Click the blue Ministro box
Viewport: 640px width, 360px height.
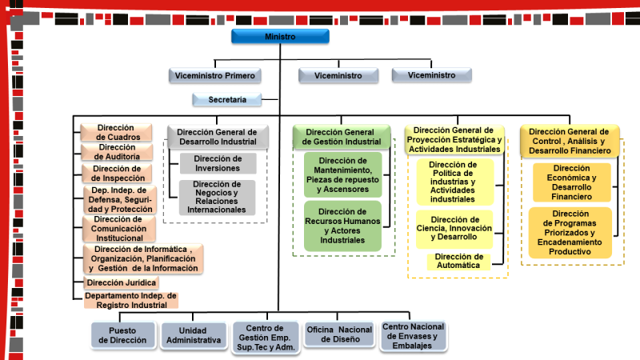(x=279, y=37)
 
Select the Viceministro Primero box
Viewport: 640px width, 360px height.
(x=215, y=76)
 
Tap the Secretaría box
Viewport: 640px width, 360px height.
(x=228, y=100)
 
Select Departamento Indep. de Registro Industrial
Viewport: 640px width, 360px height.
(x=130, y=300)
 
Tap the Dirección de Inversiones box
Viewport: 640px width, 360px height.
(x=217, y=163)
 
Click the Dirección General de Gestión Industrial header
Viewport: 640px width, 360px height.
(x=342, y=137)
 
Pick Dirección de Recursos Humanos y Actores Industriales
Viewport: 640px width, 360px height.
(x=342, y=226)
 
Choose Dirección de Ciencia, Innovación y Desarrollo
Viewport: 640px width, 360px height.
(x=454, y=228)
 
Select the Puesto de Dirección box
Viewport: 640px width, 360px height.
(x=122, y=335)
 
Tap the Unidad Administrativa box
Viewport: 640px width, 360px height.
(x=193, y=335)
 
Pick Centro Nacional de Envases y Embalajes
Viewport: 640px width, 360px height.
(x=413, y=334)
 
